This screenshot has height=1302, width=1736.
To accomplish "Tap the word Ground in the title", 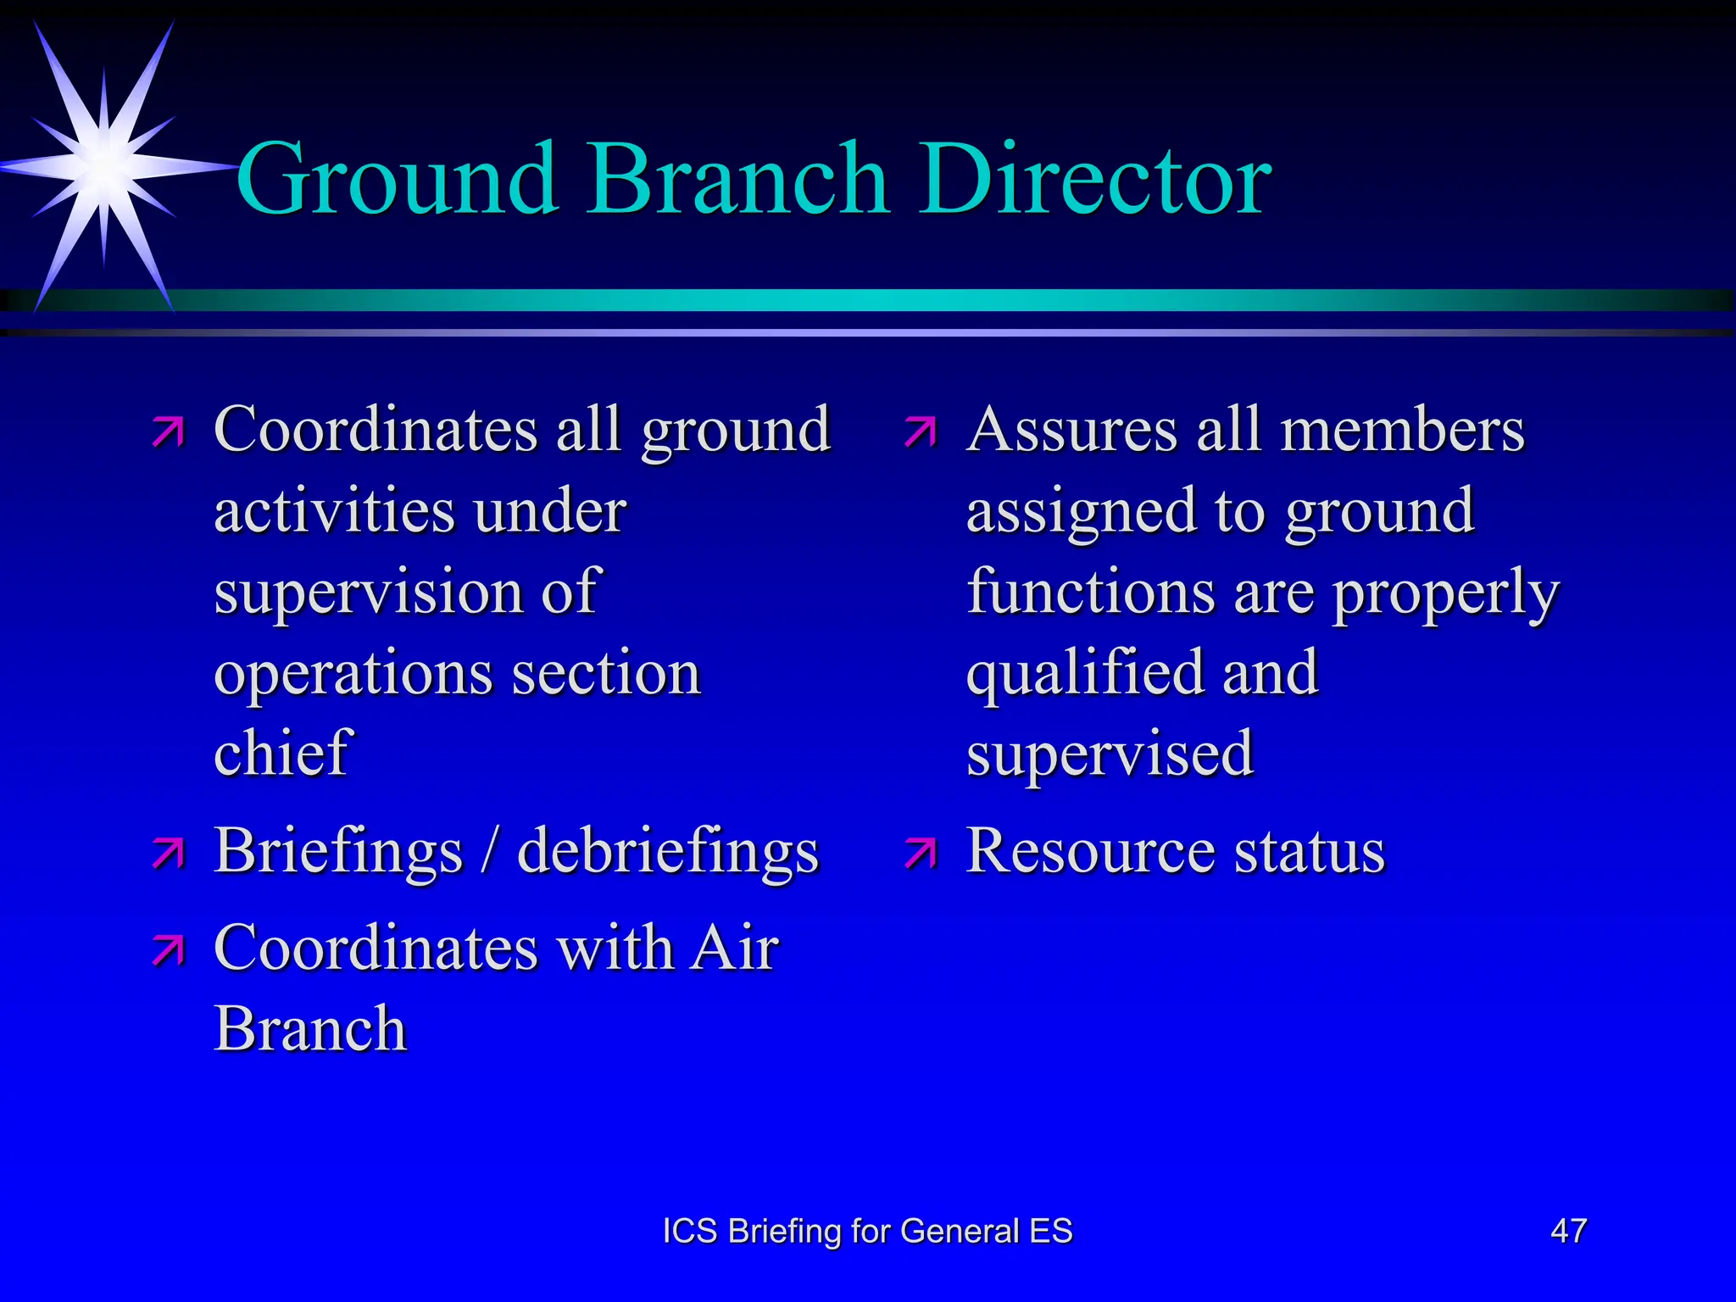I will pos(397,180).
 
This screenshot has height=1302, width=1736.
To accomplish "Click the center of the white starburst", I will pos(103,164).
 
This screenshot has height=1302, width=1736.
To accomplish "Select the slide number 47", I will pos(1568,1231).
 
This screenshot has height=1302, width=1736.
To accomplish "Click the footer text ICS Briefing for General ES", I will pos(867,1231).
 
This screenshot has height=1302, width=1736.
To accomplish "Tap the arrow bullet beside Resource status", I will pos(921,854).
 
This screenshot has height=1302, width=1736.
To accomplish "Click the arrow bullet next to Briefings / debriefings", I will pos(169,854).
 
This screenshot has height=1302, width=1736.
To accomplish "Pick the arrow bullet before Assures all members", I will pos(921,431).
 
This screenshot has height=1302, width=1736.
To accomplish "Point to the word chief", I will pos(282,753).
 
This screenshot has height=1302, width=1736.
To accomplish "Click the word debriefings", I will pos(668,850).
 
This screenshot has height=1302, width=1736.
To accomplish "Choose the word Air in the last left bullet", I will pos(734,948).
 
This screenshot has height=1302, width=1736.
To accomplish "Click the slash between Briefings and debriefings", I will pos(489,850).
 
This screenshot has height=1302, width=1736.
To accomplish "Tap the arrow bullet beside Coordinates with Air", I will pos(169,951).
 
